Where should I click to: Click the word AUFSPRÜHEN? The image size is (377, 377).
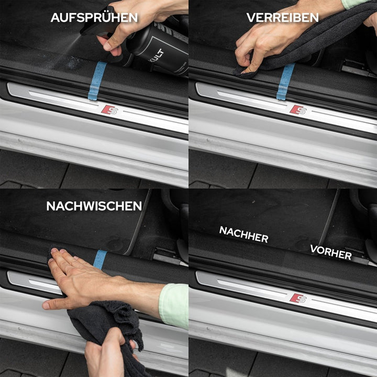94,17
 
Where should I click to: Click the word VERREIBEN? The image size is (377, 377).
282,17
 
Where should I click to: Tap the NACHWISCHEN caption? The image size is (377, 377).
94,206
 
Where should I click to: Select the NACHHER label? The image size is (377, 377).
243,235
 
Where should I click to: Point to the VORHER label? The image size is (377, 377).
330,252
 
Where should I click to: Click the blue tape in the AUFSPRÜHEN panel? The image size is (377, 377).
97,80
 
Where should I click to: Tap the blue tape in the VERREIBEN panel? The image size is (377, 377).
285,81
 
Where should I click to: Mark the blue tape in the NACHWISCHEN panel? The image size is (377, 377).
99,259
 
